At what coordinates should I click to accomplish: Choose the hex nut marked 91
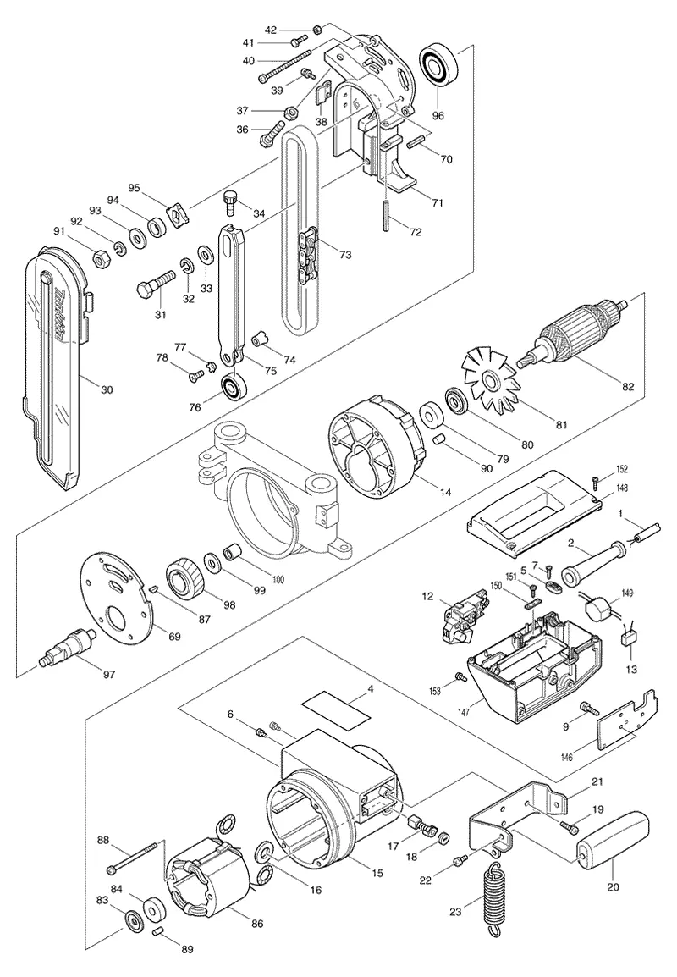point(101,257)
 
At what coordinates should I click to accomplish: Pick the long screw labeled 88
point(135,858)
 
